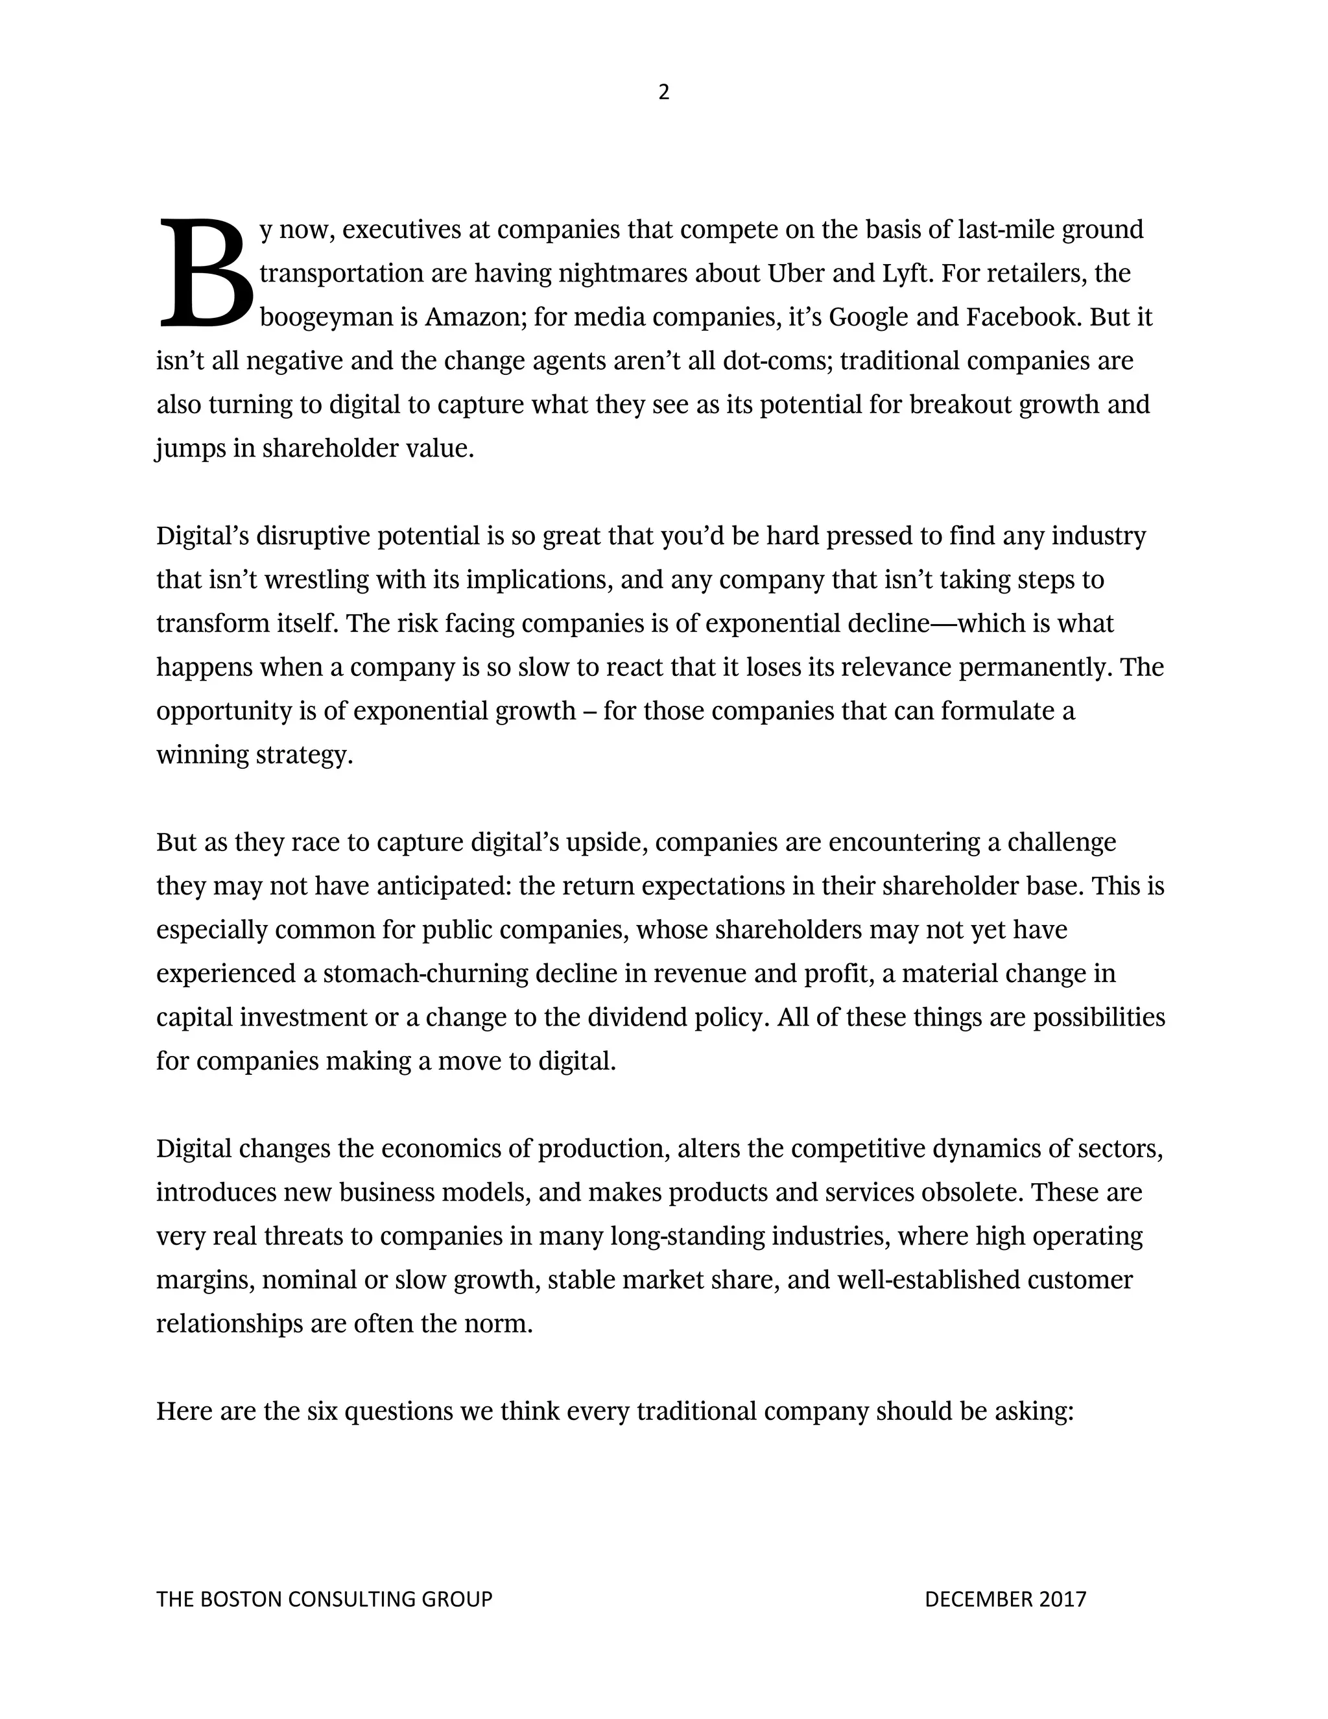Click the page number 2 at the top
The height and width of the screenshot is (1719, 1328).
coord(663,93)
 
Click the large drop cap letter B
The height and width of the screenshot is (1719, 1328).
coord(206,272)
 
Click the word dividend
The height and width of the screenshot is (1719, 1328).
coord(637,1018)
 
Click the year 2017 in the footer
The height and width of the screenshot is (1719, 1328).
coord(1062,1600)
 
